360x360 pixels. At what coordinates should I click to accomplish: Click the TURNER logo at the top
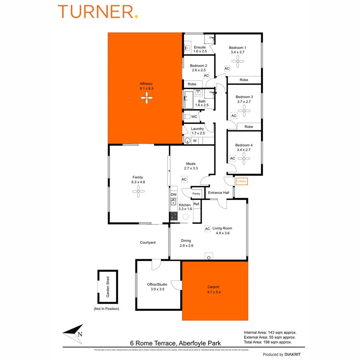tap(98, 12)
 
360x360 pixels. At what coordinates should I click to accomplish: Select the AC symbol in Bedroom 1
tap(227, 68)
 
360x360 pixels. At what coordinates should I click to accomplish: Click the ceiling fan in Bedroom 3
tap(244, 112)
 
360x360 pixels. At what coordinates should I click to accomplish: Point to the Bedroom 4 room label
tap(244, 145)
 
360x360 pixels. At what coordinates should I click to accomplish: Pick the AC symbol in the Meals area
tap(184, 179)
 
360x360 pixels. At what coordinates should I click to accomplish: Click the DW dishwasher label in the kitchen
tap(174, 194)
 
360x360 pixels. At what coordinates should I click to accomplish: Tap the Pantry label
tap(196, 194)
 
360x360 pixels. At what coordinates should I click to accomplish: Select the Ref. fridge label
tap(196, 204)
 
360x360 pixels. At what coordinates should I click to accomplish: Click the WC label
tap(194, 116)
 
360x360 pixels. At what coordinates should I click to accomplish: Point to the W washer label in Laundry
tap(195, 141)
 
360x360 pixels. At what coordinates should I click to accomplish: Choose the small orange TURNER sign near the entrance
tap(241, 181)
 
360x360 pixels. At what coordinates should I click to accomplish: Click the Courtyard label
tap(148, 243)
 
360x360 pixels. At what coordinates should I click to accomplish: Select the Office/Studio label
tap(157, 284)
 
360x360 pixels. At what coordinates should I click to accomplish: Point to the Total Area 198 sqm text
tap(270, 342)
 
